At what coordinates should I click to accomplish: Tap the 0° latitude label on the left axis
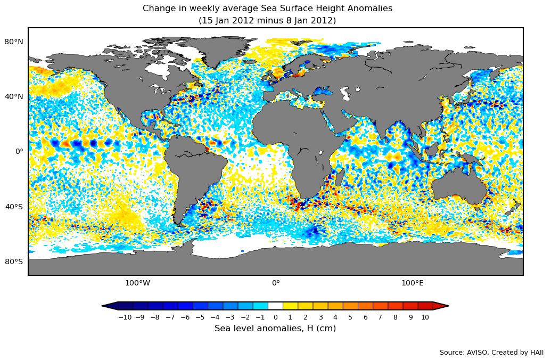coord(19,151)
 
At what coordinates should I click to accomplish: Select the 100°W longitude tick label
coord(137,283)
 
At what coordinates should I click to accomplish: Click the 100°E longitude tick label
coord(413,283)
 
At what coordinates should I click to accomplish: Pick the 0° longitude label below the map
coord(276,283)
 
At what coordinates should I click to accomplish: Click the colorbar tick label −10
coord(125,317)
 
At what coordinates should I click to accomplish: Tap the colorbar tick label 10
coord(425,317)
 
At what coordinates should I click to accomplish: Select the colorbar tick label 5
coord(350,317)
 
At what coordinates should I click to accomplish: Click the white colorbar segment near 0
coord(275,306)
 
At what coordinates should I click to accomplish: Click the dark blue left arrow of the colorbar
coord(110,306)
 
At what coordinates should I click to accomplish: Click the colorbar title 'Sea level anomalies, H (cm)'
coord(275,329)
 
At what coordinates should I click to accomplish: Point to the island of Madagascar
coord(339,178)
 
